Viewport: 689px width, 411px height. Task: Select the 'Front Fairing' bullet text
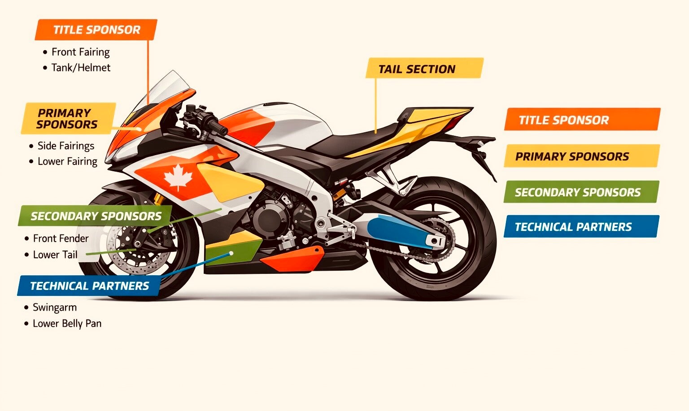(80, 52)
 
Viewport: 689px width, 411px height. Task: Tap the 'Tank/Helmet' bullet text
(81, 68)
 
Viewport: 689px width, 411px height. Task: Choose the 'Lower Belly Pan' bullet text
(67, 323)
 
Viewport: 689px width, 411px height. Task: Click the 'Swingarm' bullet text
(55, 307)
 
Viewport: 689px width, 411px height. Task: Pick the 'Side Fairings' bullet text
(66, 146)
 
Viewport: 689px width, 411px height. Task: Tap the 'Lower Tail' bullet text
(55, 255)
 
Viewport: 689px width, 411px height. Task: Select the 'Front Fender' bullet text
(61, 238)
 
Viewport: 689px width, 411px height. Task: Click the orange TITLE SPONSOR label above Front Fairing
(96, 30)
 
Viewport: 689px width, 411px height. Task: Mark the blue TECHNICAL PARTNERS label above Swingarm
(89, 286)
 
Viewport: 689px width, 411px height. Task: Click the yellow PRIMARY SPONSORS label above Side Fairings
(67, 119)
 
